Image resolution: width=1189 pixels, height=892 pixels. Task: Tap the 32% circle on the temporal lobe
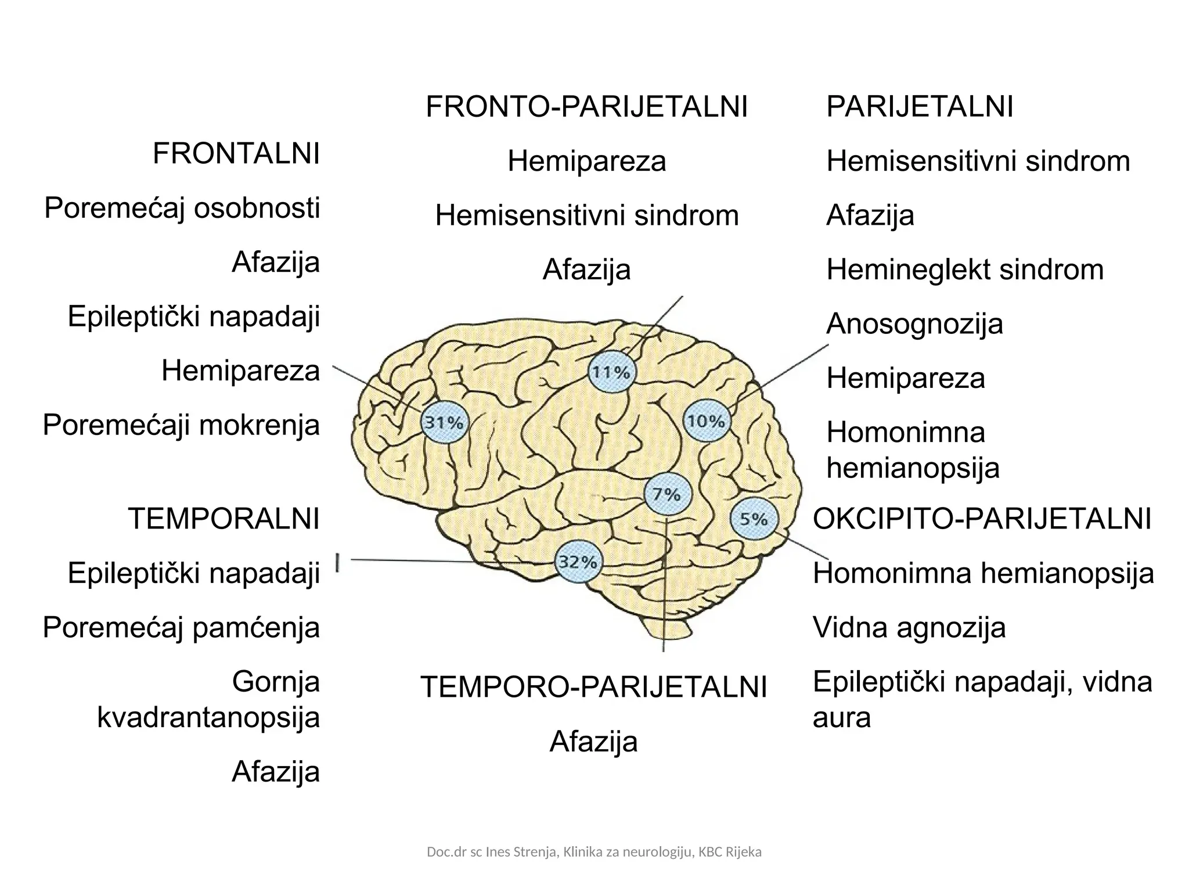[x=578, y=562]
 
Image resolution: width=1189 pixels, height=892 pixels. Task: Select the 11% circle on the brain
[x=612, y=372]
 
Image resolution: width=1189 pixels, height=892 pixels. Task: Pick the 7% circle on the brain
[x=667, y=494]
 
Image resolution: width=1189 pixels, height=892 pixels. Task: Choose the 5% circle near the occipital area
[x=754, y=519]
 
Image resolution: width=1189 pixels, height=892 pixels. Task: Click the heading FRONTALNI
[x=236, y=154]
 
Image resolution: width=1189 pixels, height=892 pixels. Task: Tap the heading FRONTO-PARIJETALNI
[x=587, y=107]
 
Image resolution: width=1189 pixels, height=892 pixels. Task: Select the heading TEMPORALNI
[x=224, y=519]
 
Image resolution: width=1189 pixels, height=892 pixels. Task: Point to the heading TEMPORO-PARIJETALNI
[x=594, y=688]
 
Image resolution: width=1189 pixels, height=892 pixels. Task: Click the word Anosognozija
[x=914, y=324]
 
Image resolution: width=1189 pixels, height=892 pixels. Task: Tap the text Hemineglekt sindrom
[x=965, y=270]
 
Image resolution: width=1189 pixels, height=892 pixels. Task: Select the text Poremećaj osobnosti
[x=182, y=208]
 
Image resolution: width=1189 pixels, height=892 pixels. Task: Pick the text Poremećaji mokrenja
[x=182, y=426]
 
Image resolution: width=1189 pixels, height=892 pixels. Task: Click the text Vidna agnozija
[x=909, y=628]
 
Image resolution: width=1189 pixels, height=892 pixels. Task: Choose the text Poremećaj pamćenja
[x=182, y=628]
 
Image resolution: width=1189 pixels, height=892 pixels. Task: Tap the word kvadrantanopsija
[x=208, y=718]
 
